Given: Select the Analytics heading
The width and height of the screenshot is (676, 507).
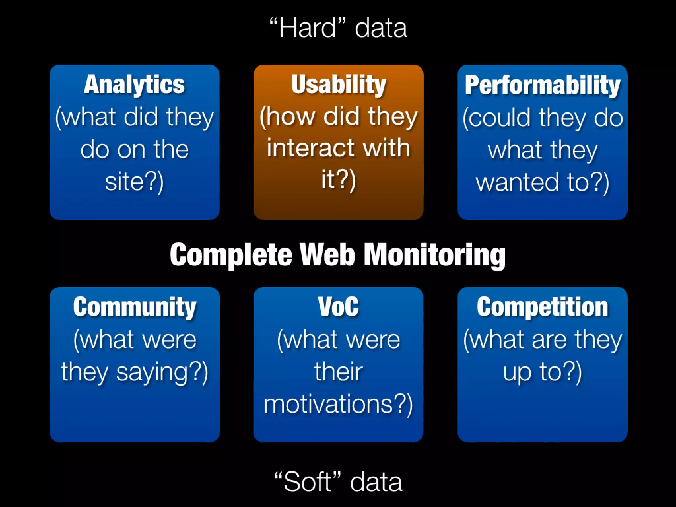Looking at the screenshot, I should point(134,85).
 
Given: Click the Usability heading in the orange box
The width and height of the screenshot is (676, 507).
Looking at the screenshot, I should point(339,85).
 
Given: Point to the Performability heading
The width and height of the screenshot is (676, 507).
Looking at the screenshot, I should point(543,85).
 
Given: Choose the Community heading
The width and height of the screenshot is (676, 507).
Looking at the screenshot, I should point(135,307).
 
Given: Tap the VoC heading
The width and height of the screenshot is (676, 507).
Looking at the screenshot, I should point(338,307).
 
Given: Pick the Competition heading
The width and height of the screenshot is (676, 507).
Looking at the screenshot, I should point(543,307).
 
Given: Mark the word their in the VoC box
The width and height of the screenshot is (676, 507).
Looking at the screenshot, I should point(339,372).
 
